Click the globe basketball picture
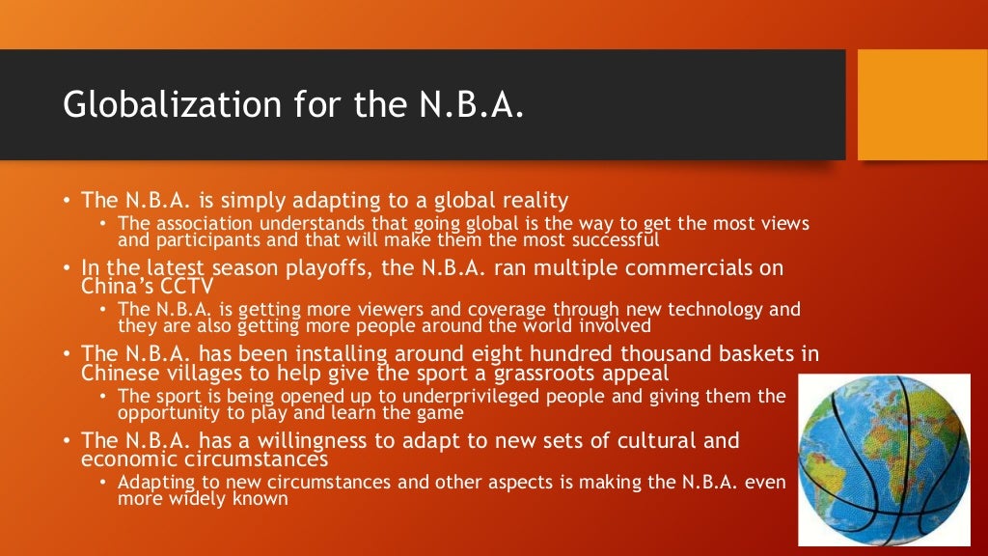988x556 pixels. click(884, 460)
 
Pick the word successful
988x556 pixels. click(611, 239)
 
